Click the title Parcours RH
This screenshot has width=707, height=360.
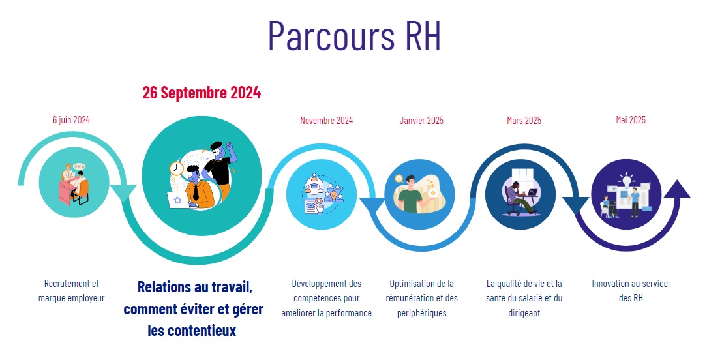click(x=354, y=35)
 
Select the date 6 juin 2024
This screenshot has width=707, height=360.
click(x=71, y=119)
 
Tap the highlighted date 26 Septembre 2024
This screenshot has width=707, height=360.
click(x=202, y=93)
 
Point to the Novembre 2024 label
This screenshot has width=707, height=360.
click(x=327, y=121)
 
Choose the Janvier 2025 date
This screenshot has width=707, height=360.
click(x=421, y=121)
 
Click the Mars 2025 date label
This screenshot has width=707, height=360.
click(x=524, y=121)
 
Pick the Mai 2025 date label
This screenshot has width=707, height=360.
click(x=631, y=119)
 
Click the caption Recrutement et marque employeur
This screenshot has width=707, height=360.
click(x=71, y=290)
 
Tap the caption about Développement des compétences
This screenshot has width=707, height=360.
click(x=327, y=298)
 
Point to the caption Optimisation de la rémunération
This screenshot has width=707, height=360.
click(x=421, y=298)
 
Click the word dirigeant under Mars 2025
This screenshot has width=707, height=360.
click(x=524, y=313)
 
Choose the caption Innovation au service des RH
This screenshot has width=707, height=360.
click(x=630, y=290)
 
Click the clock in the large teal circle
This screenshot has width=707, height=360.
click(x=176, y=169)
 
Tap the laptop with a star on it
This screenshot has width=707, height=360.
click(x=178, y=200)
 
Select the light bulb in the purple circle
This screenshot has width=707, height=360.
click(x=627, y=179)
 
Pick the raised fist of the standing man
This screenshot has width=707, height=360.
click(x=230, y=147)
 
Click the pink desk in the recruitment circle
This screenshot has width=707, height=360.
click(x=66, y=192)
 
